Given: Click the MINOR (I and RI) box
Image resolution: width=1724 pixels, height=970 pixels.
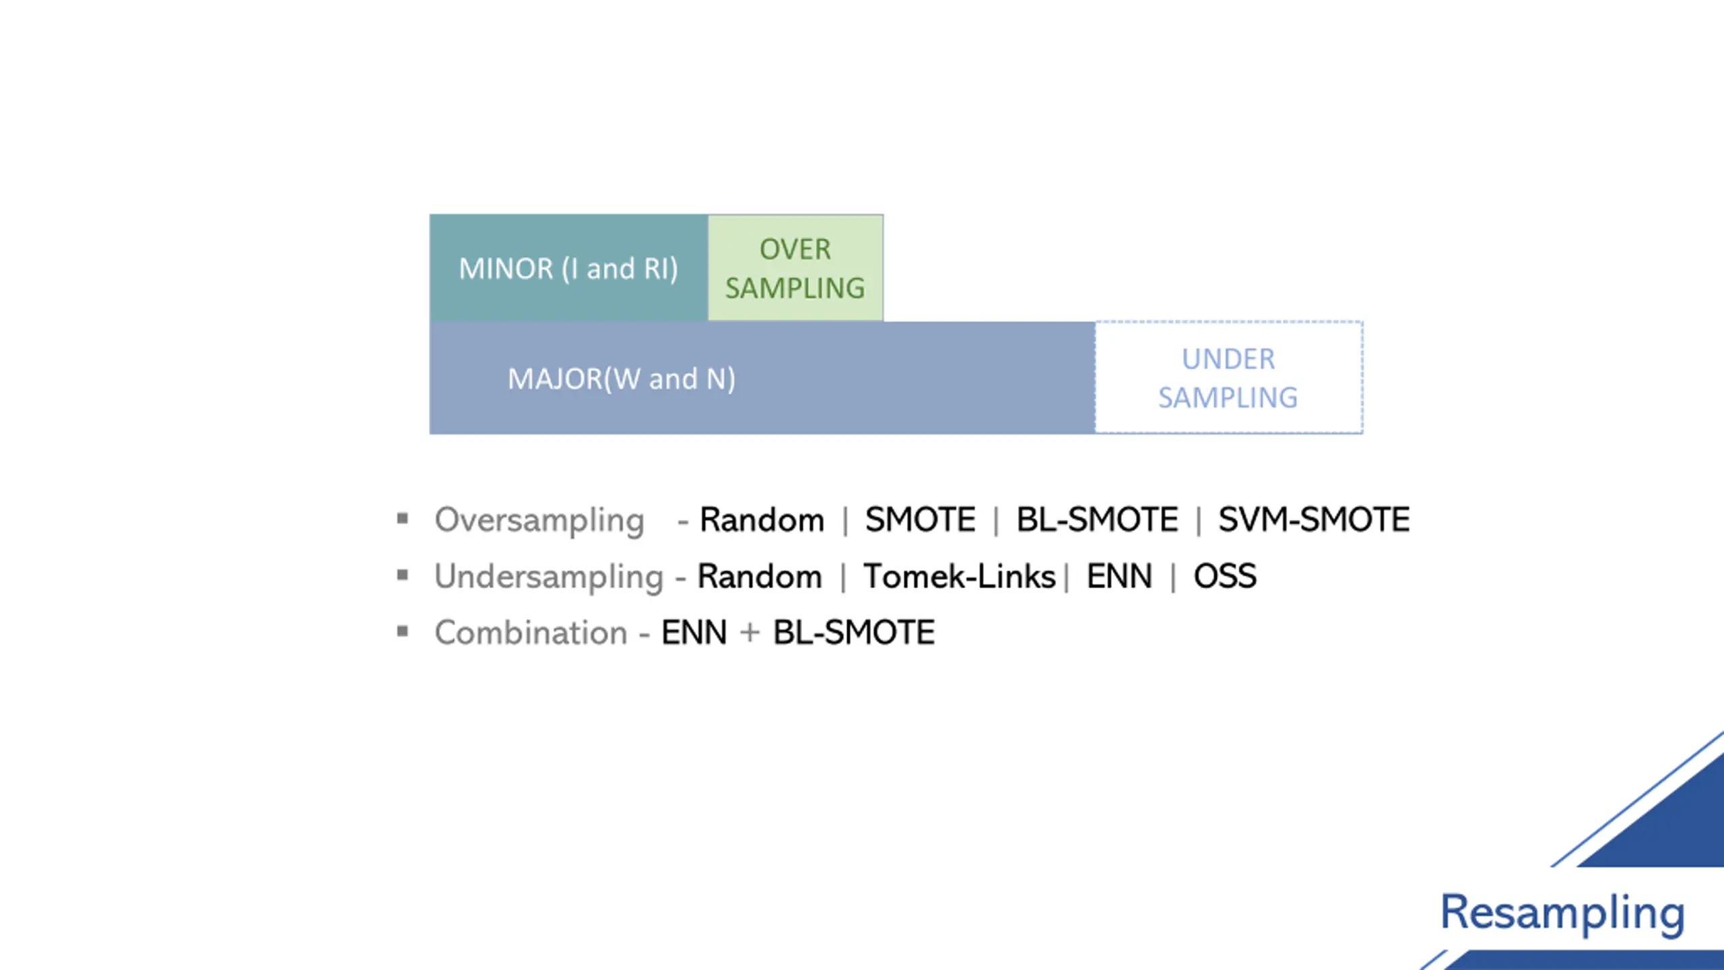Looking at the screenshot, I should [568, 268].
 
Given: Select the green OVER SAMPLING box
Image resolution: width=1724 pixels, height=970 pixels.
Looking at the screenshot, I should [795, 268].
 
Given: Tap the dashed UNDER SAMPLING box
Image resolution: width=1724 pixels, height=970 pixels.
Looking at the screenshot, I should [1228, 378].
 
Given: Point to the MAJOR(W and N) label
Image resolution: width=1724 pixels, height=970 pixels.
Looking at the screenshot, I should [621, 379].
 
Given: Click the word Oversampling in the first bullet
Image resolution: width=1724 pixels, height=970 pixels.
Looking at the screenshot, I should [539, 521].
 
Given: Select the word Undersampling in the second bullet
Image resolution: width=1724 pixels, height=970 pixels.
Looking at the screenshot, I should [549, 577].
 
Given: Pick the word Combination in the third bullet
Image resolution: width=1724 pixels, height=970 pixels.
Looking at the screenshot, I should [531, 633].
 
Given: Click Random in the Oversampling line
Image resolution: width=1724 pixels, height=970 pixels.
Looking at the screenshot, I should [762, 520].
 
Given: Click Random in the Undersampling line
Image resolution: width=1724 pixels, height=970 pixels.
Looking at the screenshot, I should [760, 577].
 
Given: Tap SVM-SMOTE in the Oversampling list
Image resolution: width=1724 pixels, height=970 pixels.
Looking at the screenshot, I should [1314, 520].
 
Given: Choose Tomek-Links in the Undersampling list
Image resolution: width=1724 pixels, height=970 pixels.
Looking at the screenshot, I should [959, 577].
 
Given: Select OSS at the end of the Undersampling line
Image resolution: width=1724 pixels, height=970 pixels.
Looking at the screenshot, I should [1225, 577].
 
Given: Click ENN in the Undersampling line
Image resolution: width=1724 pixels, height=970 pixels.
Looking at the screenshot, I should [1119, 577].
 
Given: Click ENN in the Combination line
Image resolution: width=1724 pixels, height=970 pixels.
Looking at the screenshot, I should [694, 633].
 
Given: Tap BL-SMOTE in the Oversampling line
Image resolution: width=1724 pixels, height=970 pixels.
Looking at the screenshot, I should [1097, 520].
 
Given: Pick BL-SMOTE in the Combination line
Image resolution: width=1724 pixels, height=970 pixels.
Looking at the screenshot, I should [854, 633].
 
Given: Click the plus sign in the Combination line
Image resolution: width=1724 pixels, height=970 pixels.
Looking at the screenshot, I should [750, 633].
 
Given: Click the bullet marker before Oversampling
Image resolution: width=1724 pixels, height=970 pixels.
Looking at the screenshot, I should [403, 519].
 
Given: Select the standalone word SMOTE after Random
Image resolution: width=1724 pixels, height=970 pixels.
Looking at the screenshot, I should [920, 520].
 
